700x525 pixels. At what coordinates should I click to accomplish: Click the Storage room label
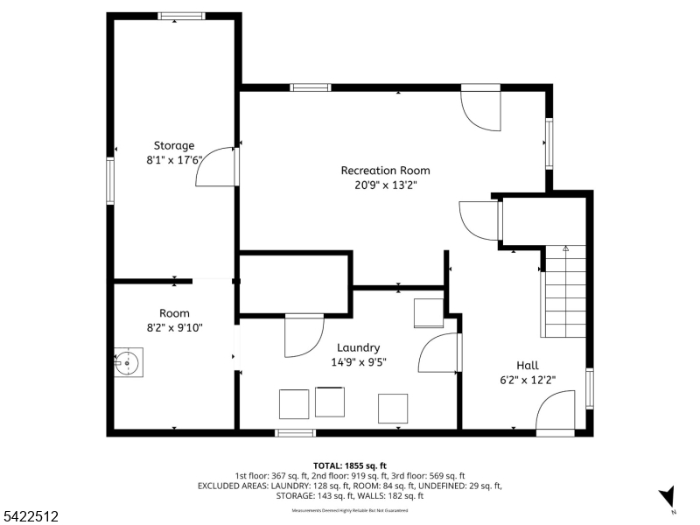(x=174, y=145)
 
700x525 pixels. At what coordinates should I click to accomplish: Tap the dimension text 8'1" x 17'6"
(x=174, y=160)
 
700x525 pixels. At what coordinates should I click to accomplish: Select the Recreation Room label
(x=385, y=170)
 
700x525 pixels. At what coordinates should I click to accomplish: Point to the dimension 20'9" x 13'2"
(x=385, y=185)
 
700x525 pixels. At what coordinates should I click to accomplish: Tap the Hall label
(x=528, y=365)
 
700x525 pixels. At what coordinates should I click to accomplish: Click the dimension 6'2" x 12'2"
(x=528, y=380)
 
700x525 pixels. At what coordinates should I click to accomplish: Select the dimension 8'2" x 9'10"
(x=174, y=328)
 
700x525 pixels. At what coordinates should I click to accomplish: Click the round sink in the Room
(x=129, y=360)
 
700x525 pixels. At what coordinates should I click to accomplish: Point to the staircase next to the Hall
(x=564, y=293)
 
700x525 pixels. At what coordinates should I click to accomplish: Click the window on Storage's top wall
(x=181, y=16)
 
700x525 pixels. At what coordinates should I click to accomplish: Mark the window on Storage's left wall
(x=111, y=180)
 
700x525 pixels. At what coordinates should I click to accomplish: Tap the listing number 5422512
(x=30, y=516)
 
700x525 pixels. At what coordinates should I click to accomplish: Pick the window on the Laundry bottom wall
(x=295, y=432)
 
